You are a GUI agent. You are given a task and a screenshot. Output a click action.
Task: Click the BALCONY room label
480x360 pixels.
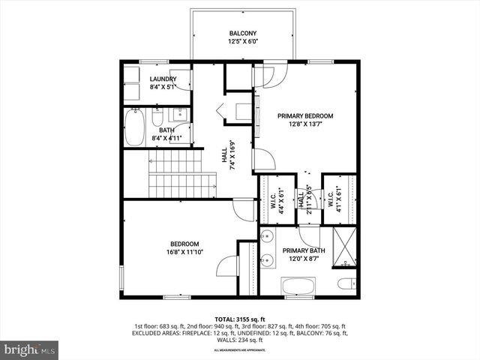242,33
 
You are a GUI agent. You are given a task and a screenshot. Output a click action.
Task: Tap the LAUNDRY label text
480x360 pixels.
163,79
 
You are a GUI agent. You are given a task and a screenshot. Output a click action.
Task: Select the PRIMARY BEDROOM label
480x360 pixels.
304,115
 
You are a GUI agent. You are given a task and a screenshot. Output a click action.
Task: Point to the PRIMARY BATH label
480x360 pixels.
303,250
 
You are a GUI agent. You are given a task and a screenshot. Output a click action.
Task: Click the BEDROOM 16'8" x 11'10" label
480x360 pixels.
184,244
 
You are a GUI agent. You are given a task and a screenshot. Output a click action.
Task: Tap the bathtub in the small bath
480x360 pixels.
135,128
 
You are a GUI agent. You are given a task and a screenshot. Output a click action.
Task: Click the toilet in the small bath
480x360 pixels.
157,118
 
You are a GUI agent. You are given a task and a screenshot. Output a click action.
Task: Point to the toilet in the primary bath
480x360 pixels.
346,283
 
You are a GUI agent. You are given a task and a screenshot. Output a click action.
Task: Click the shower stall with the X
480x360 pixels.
344,248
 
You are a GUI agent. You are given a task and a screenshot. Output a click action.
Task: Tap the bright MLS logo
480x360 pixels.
30,349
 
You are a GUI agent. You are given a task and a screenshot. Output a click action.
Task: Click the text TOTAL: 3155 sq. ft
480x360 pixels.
240,319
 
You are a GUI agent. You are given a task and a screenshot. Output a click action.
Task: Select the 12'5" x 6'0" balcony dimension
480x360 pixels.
242,42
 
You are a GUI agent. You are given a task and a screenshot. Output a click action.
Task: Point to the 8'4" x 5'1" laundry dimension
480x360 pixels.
163,88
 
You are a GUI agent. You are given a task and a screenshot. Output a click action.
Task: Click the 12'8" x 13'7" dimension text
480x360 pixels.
304,125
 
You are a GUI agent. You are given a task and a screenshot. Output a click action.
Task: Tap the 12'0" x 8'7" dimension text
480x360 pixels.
303,259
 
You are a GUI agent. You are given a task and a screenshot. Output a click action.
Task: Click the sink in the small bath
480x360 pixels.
180,115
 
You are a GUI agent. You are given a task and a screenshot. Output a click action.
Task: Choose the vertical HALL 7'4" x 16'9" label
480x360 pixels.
227,155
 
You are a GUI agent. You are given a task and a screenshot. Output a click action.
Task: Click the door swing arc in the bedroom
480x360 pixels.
226,266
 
